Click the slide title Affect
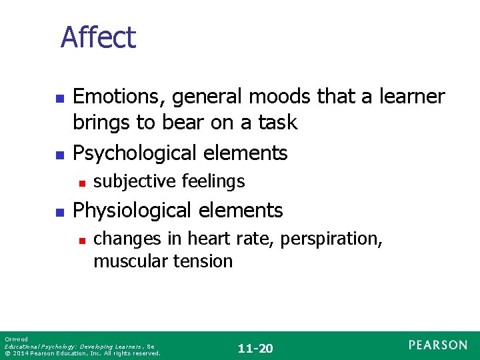click(98, 37)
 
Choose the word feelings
click(211, 181)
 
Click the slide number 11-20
click(256, 348)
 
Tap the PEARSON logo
click(438, 345)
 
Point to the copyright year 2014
click(21, 353)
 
